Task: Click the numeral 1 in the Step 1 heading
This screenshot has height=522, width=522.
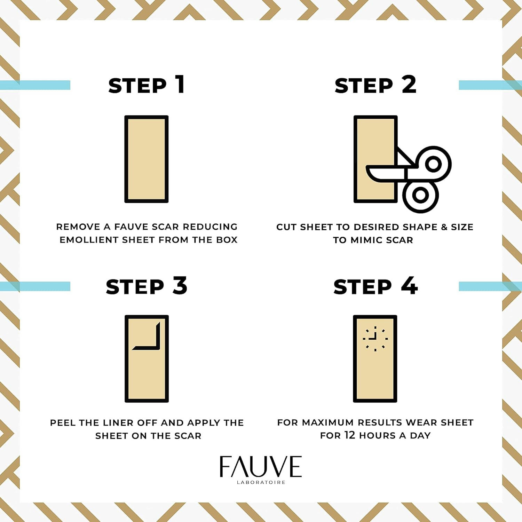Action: (180, 84)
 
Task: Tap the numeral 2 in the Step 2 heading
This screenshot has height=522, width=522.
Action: (409, 84)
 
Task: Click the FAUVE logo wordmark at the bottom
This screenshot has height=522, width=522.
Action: (261, 466)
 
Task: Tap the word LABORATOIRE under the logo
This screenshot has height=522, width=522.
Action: (261, 482)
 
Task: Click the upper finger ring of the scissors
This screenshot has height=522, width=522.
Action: (433, 164)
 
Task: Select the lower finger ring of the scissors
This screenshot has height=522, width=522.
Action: (420, 195)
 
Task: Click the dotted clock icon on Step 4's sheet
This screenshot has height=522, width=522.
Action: (375, 339)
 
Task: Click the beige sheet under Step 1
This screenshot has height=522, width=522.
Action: (147, 159)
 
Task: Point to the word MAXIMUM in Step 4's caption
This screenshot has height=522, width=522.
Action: (328, 422)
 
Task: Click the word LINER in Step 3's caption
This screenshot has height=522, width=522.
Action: (117, 423)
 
